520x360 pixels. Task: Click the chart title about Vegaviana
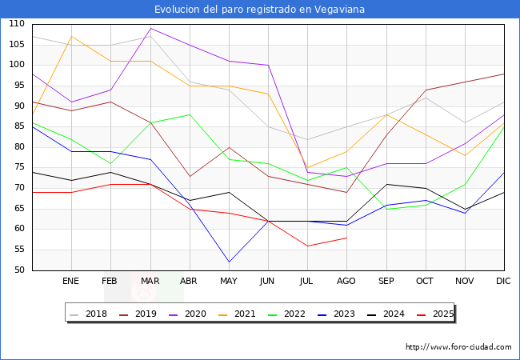[x=259, y=9]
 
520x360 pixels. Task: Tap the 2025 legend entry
[x=439, y=314]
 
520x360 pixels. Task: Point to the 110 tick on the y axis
[x=17, y=24]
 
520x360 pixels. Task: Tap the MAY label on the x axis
[x=229, y=282]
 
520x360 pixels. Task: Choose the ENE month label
[x=71, y=282]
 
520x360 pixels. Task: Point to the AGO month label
[x=346, y=282]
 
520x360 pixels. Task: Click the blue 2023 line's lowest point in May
[x=229, y=262]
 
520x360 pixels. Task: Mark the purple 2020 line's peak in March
[x=150, y=28]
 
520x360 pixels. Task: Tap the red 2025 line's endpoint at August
[x=346, y=238]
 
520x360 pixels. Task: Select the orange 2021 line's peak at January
[x=72, y=36]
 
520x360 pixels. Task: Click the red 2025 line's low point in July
[x=307, y=246]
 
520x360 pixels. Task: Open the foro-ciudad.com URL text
[x=458, y=347]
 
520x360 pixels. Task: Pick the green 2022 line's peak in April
[x=190, y=114]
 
